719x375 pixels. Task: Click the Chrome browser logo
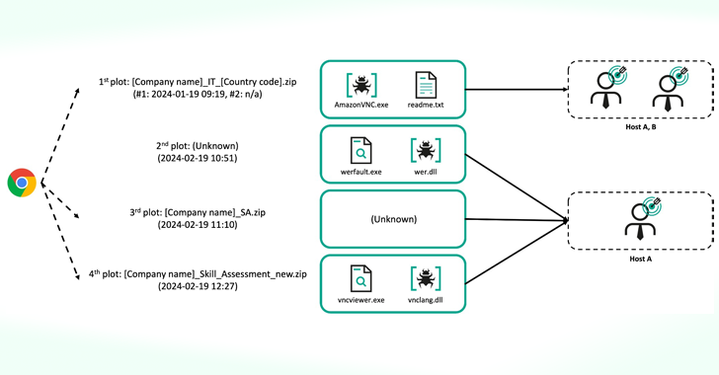22,184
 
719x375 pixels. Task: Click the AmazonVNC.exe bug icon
362,85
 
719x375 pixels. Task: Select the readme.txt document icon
426,85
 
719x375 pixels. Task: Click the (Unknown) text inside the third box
392,219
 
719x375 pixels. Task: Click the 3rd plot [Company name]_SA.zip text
205,211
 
